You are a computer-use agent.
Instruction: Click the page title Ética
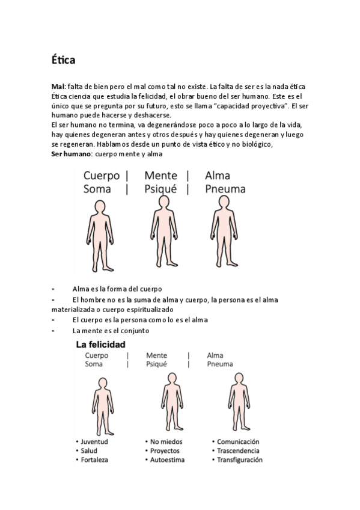tap(63, 60)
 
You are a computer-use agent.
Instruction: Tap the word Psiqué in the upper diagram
tap(160, 189)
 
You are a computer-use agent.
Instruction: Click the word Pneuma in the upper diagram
tap(225, 189)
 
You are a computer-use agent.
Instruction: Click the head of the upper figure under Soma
tap(98, 207)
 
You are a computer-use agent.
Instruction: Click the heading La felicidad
tap(100, 346)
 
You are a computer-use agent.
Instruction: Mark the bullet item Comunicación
tap(238, 441)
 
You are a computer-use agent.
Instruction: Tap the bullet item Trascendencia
tap(238, 450)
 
